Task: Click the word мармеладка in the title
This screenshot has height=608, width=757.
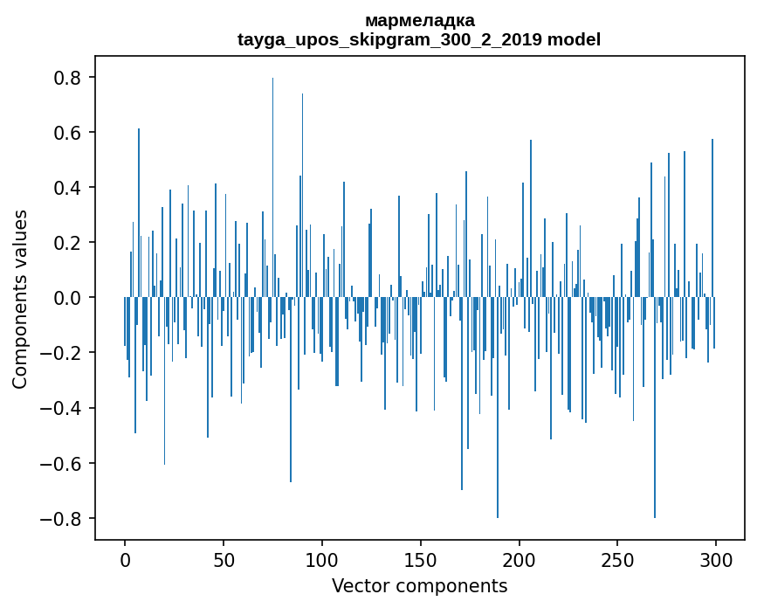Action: click(x=419, y=20)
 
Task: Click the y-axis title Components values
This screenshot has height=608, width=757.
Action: click(x=20, y=298)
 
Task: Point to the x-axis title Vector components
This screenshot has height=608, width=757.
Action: click(x=419, y=585)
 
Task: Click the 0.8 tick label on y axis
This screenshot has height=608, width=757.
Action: click(x=69, y=78)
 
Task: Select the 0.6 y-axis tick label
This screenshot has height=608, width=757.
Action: click(x=69, y=133)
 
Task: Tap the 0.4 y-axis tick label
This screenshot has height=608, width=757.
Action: click(x=69, y=188)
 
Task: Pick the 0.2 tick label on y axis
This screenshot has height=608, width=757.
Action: click(x=69, y=243)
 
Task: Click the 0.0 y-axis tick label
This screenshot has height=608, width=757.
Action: click(x=69, y=298)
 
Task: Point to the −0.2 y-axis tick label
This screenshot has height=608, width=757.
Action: click(x=64, y=353)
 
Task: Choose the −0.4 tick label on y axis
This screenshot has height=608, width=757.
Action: click(x=64, y=408)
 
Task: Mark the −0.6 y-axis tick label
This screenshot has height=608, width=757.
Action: click(x=64, y=463)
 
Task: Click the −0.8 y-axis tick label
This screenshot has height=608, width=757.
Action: click(x=64, y=518)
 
